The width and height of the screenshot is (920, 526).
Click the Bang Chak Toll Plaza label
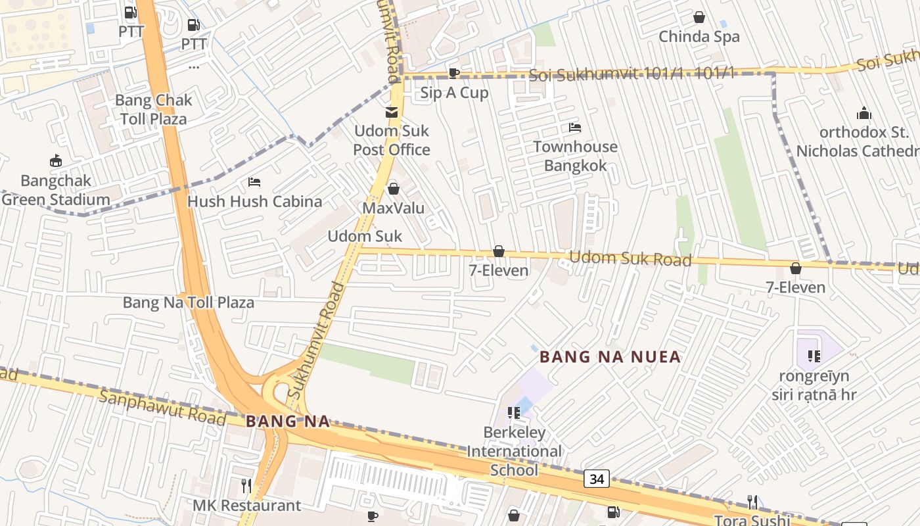(153, 110)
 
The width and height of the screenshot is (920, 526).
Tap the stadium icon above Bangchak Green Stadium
(56, 161)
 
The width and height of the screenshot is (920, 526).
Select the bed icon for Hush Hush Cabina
(254, 182)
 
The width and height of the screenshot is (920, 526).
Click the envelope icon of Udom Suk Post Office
(392, 112)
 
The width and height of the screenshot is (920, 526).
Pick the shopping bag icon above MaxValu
(393, 189)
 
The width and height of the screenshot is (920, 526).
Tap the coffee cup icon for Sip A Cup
(453, 73)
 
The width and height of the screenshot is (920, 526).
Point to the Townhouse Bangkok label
(575, 156)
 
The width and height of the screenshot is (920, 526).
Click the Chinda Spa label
(699, 37)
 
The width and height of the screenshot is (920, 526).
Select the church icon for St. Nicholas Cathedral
(863, 113)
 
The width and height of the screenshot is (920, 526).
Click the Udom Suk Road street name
(630, 258)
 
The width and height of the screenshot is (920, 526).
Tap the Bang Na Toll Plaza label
(189, 303)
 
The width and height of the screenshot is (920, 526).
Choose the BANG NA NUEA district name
(610, 357)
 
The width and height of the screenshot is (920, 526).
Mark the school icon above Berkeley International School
(514, 413)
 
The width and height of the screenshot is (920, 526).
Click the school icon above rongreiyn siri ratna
(814, 356)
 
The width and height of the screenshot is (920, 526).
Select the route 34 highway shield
(597, 479)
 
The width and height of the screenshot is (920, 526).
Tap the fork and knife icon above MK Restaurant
(246, 486)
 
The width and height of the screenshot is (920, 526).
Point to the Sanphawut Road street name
(162, 406)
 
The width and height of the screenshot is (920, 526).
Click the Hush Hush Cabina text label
(254, 202)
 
